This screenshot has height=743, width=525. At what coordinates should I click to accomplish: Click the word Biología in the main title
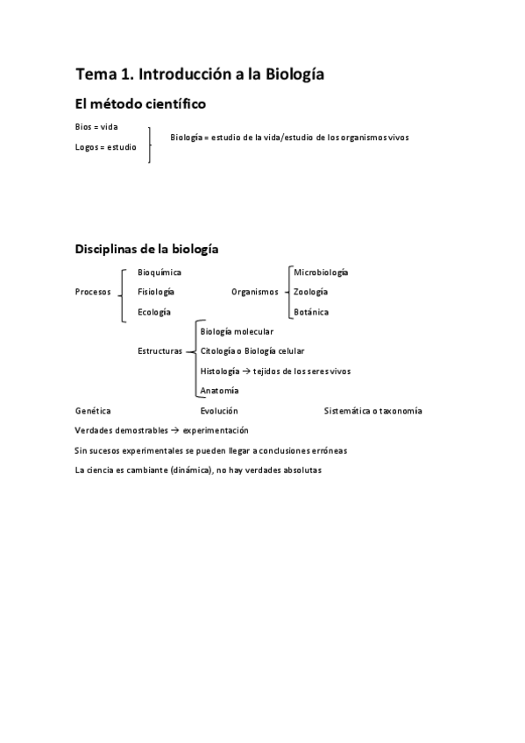coord(292,74)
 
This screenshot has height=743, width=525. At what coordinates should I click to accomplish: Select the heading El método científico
coord(141,104)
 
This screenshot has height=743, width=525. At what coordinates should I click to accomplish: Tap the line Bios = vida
coord(96,127)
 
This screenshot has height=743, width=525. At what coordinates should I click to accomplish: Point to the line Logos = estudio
coord(106,147)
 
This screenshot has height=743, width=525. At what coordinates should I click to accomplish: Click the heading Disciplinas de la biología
coord(147,249)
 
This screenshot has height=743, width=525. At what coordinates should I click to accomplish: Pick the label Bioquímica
coord(160,272)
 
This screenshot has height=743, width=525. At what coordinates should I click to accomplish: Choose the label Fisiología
coord(156,292)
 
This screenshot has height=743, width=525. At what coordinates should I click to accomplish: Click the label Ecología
coord(154,312)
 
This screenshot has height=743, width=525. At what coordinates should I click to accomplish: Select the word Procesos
coord(93,292)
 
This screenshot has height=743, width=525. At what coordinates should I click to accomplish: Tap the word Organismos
coord(254,292)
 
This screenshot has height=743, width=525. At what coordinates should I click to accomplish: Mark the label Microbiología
coord(321,272)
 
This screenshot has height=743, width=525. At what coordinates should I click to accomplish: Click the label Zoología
coord(311,292)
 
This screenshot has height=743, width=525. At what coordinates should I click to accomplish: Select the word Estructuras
coord(160,351)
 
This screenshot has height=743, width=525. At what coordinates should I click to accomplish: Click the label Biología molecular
coord(237,331)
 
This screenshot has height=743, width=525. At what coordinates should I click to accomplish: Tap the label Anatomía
coord(219,391)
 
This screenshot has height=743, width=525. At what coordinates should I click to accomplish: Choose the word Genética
coord(93,410)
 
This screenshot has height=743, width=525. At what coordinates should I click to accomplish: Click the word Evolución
coord(219,410)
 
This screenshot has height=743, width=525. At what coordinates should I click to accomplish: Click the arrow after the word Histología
coord(246,371)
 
